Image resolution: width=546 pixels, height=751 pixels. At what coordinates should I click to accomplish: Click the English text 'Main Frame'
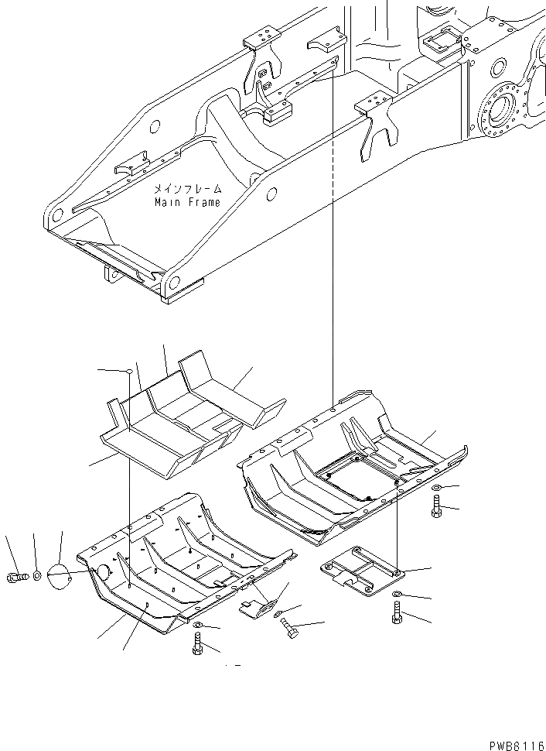point(186,203)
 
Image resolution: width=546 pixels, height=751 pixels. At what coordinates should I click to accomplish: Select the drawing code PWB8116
point(516,743)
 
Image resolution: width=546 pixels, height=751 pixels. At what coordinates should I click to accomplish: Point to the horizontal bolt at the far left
point(17,577)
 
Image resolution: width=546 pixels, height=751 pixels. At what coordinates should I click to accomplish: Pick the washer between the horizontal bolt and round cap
point(38,577)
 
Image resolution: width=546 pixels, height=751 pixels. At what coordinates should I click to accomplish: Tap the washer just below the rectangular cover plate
point(396,595)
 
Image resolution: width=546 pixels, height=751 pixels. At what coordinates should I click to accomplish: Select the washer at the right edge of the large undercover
point(437,489)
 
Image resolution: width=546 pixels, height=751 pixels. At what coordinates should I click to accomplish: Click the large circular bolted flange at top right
point(501,113)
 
